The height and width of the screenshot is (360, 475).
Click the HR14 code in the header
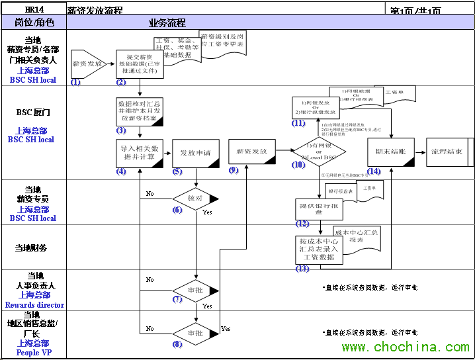pos(33,10)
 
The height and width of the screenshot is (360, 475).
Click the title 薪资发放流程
pos(95,11)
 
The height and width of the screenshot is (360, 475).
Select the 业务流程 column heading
pos(167,22)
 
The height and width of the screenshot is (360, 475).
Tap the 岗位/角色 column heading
pos(33,22)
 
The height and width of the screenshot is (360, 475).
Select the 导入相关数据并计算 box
pos(140,153)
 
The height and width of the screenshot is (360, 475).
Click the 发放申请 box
pos(196,153)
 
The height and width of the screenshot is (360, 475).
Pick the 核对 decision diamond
pos(196,198)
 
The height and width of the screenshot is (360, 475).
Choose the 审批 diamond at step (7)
pos(196,291)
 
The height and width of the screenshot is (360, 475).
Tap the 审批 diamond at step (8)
pos(196,333)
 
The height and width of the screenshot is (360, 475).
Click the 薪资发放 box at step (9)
pos(252,152)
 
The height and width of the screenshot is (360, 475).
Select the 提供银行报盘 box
pos(318,208)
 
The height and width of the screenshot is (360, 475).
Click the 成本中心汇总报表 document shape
pos(357,236)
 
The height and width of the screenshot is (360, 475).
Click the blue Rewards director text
pos(34,305)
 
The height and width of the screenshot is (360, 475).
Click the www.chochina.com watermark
pos(406,347)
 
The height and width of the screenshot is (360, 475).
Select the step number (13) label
pos(302,269)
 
